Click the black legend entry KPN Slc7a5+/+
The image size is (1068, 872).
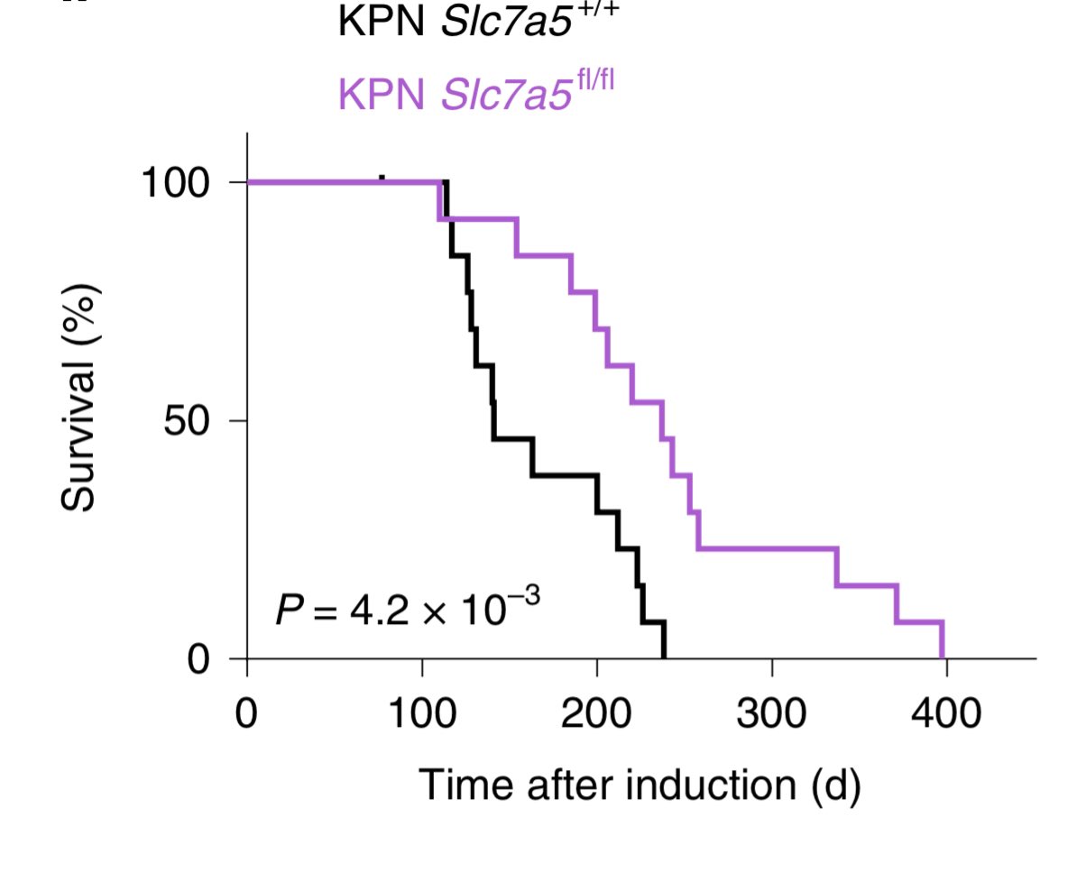click(479, 22)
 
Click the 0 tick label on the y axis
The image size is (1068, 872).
click(199, 659)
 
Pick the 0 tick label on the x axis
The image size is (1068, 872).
click(246, 714)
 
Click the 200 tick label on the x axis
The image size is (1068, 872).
click(596, 714)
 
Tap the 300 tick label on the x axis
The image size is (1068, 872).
click(771, 714)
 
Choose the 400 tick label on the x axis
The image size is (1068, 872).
click(945, 714)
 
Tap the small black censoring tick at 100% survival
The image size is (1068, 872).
click(382, 179)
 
